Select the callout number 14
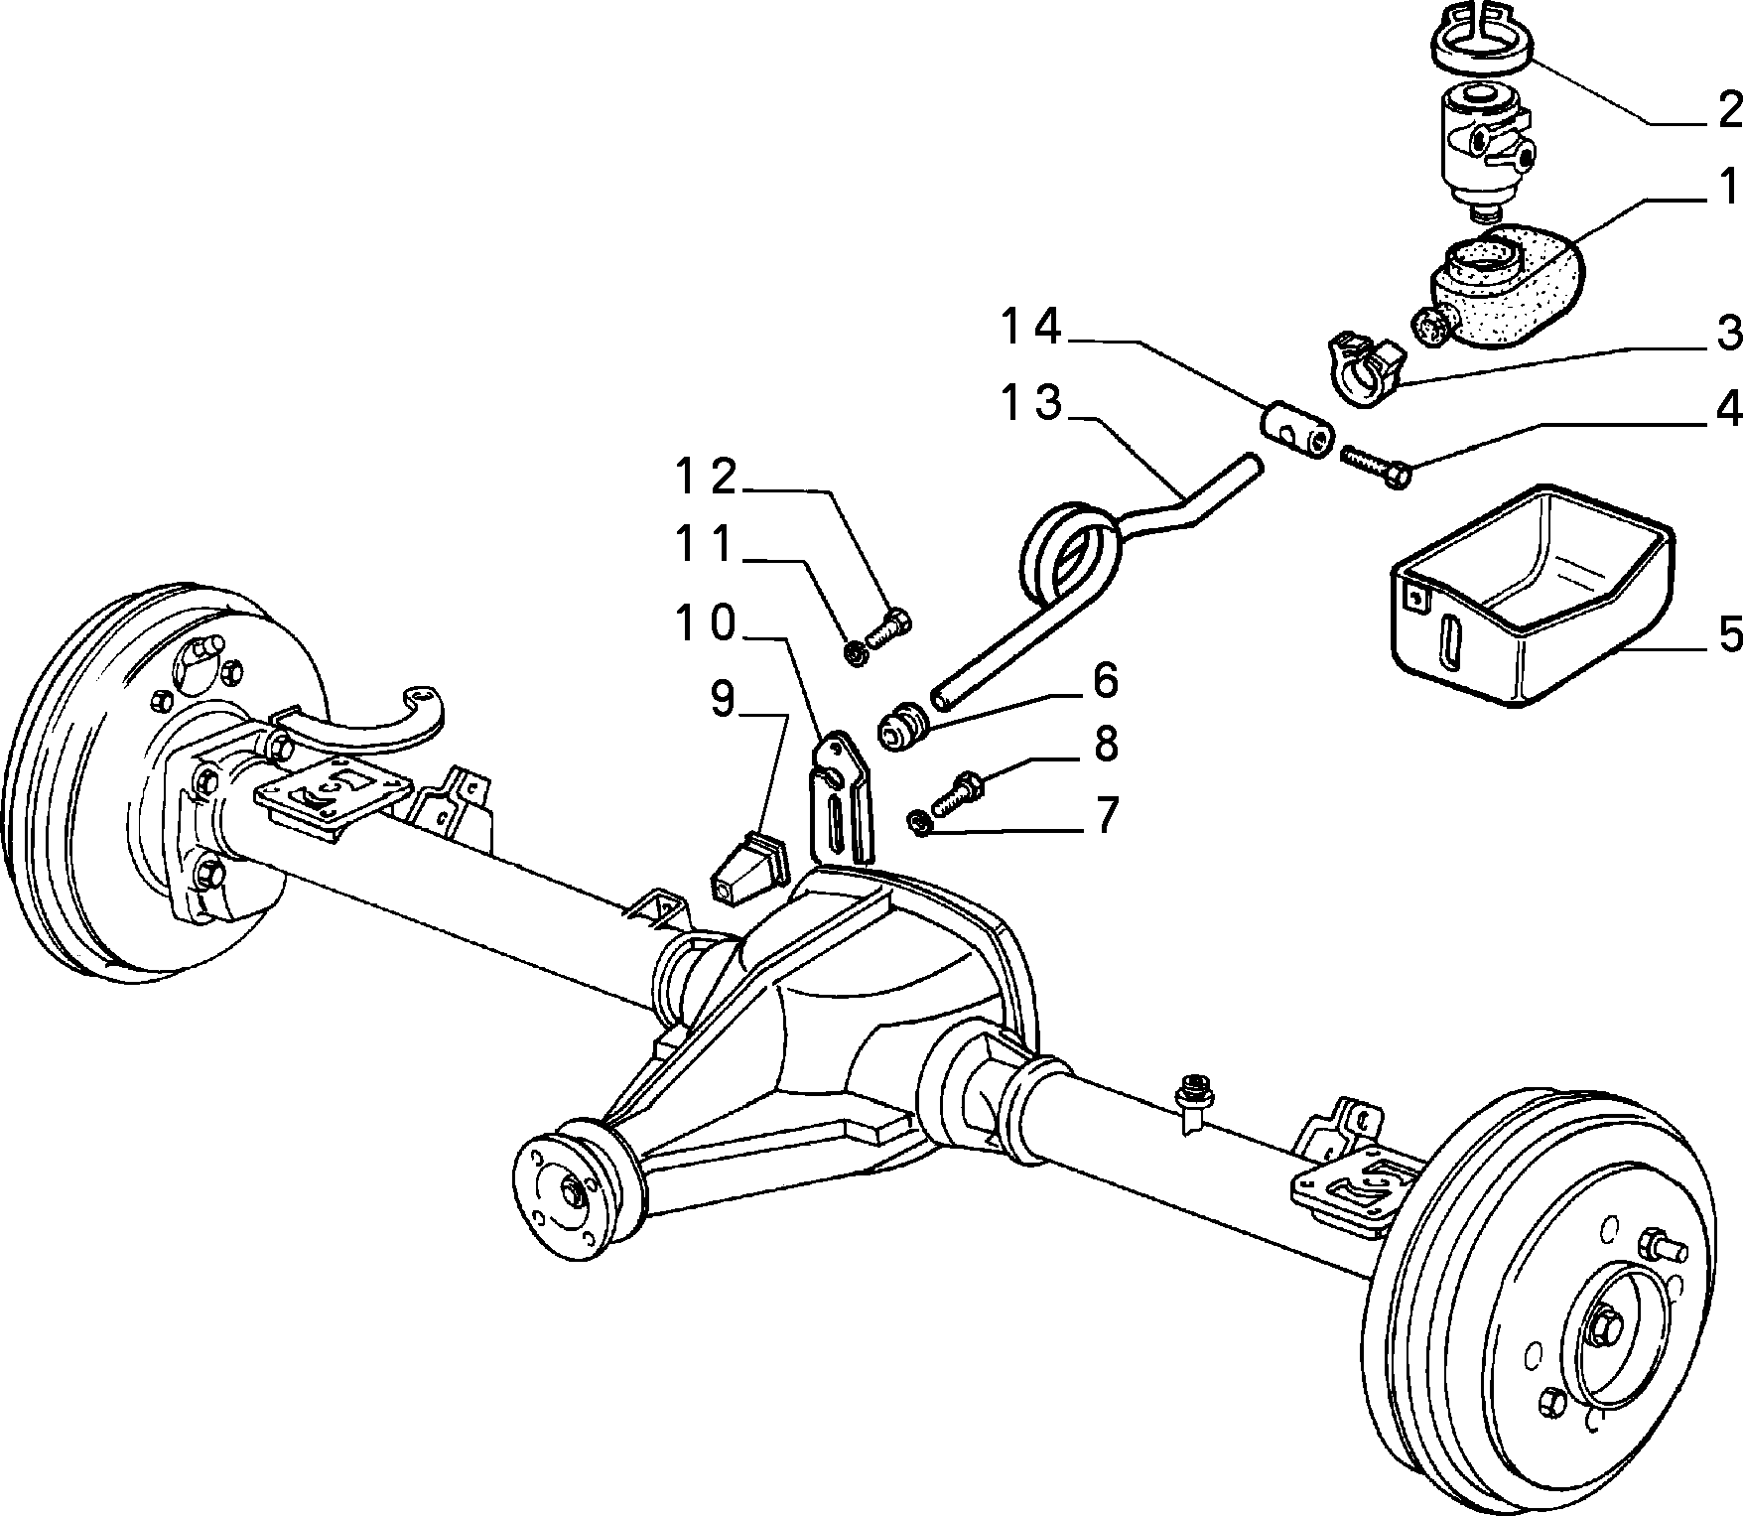[1032, 328]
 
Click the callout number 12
[707, 477]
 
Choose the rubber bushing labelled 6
[902, 728]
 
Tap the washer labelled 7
[918, 822]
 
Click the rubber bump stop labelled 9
[749, 870]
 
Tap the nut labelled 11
[855, 652]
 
